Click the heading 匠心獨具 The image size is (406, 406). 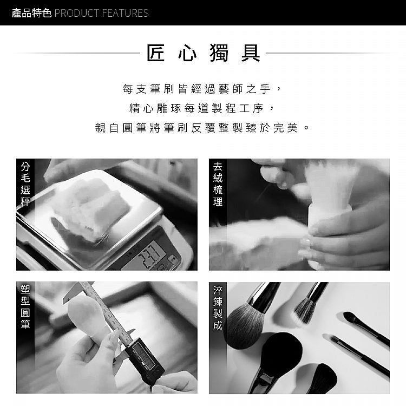click(x=203, y=53)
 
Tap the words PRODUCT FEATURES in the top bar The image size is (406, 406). click(x=102, y=13)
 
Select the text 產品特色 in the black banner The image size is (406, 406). click(x=31, y=13)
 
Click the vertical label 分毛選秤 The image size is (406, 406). click(x=25, y=184)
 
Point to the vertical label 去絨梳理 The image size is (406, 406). click(x=218, y=184)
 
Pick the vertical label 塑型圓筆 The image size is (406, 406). click(x=25, y=307)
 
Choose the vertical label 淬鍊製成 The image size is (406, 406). click(x=218, y=307)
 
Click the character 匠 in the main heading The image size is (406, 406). click(x=155, y=53)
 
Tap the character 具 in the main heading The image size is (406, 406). click(x=251, y=53)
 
